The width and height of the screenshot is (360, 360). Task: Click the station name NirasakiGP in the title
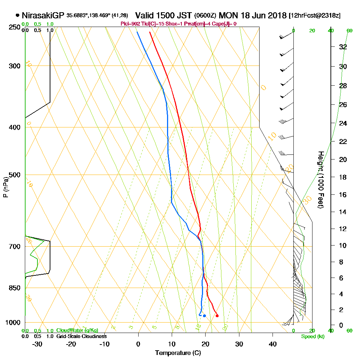43,15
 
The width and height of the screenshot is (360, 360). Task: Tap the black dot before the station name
17,15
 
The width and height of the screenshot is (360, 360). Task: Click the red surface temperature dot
217,316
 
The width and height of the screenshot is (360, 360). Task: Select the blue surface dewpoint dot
204,316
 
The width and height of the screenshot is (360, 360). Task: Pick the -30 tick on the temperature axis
37,344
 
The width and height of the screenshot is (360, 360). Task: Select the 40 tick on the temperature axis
273,344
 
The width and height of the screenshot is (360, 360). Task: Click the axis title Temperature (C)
178,353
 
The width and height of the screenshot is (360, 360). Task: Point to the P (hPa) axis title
5,187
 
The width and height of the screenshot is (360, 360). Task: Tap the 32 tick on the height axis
343,46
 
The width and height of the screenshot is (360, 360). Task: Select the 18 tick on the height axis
343,177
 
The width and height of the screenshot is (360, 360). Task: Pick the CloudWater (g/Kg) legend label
77,330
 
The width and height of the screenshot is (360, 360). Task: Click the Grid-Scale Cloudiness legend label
81,336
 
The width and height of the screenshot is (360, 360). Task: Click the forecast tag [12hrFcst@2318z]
315,15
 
